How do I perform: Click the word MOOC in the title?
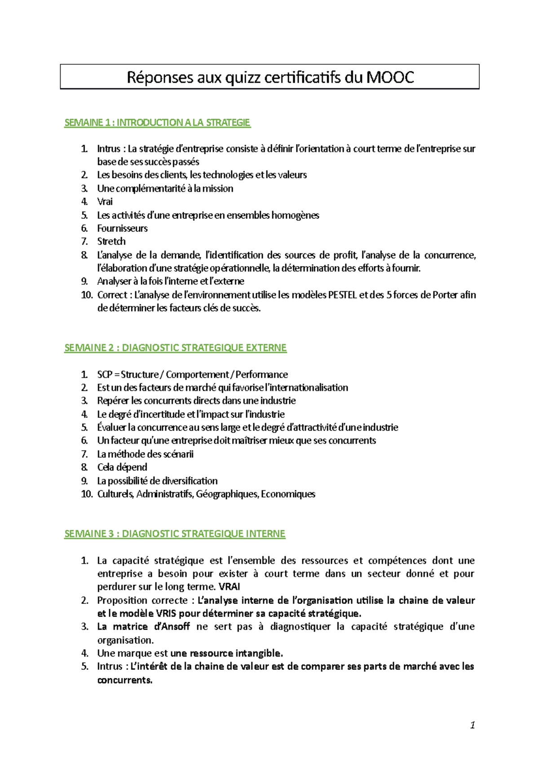coord(390,77)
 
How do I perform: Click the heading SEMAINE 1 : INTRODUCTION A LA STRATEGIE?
coord(157,123)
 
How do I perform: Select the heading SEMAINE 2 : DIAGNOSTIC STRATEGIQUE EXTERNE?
coord(175,348)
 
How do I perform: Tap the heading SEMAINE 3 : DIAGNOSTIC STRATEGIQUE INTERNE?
coord(175,534)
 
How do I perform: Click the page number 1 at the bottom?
coord(472,725)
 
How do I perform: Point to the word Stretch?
coord(111,241)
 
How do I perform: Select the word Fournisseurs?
coord(122,228)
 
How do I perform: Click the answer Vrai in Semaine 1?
coord(105,202)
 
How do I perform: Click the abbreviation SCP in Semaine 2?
coord(105,374)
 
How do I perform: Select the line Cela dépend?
coord(122,467)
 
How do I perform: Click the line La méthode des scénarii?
coord(145,454)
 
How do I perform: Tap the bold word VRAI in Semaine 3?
coord(229,587)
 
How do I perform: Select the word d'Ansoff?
coord(172,627)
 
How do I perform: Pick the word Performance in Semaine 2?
coord(261,374)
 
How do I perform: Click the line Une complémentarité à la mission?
coord(165,189)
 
